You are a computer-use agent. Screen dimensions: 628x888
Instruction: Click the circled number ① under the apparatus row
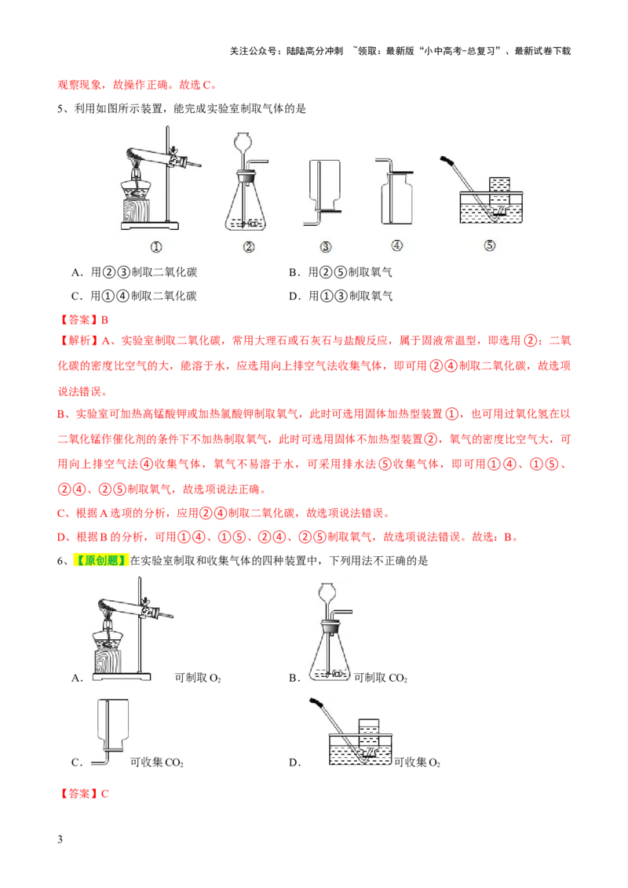click(x=156, y=247)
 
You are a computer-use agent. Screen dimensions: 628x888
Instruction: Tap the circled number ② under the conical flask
click(x=249, y=247)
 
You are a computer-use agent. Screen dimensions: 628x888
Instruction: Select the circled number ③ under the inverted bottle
click(x=325, y=247)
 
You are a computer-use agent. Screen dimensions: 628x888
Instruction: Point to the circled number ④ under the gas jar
click(x=396, y=246)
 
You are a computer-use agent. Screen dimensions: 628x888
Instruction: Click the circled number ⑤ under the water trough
click(x=490, y=246)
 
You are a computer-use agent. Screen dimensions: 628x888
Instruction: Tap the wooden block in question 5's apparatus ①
click(x=136, y=211)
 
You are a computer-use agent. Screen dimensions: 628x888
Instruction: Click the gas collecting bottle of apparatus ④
click(x=397, y=198)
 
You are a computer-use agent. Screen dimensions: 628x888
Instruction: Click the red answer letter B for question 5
click(x=104, y=320)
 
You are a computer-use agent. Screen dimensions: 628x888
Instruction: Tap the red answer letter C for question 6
click(x=104, y=793)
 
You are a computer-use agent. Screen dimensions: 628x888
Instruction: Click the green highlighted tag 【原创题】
click(x=101, y=561)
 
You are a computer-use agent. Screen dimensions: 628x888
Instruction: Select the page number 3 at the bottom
click(x=60, y=839)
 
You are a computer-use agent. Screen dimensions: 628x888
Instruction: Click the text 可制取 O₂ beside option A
click(x=198, y=678)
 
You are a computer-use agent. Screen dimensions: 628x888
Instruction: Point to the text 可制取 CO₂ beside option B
click(x=380, y=678)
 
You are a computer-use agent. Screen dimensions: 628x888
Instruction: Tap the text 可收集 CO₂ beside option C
click(x=156, y=762)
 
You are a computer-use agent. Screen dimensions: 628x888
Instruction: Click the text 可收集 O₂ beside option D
click(x=417, y=762)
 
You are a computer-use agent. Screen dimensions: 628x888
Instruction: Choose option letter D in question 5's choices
click(x=293, y=296)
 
